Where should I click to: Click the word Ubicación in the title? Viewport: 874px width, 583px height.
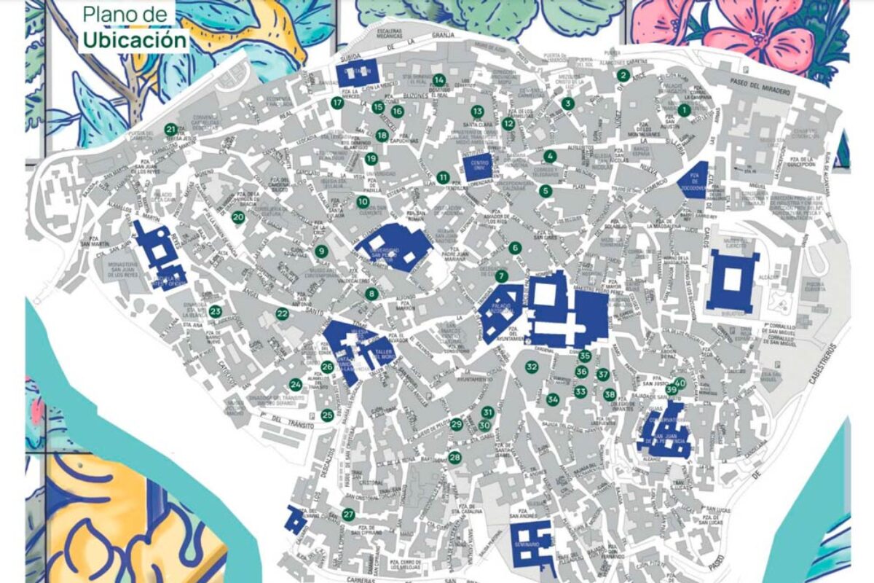(134, 39)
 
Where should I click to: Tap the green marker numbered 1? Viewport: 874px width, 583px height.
(683, 110)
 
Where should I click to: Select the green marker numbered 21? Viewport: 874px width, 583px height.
(171, 130)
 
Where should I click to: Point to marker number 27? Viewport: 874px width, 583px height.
(348, 514)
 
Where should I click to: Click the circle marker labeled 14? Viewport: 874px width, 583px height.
(438, 80)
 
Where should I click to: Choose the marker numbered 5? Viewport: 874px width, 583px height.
(545, 191)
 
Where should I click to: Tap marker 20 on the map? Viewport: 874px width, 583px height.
(238, 217)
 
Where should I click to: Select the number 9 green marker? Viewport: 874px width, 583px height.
(321, 251)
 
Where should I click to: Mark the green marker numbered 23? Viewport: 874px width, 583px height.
(215, 311)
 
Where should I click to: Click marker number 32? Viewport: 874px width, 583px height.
(532, 367)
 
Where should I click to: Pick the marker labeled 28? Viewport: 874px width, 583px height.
(454, 458)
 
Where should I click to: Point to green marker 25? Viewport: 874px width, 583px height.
(327, 415)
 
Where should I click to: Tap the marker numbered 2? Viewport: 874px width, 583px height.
(622, 75)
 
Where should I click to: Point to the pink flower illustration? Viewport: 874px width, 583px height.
(743, 29)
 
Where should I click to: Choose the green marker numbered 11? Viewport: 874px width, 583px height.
(443, 177)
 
